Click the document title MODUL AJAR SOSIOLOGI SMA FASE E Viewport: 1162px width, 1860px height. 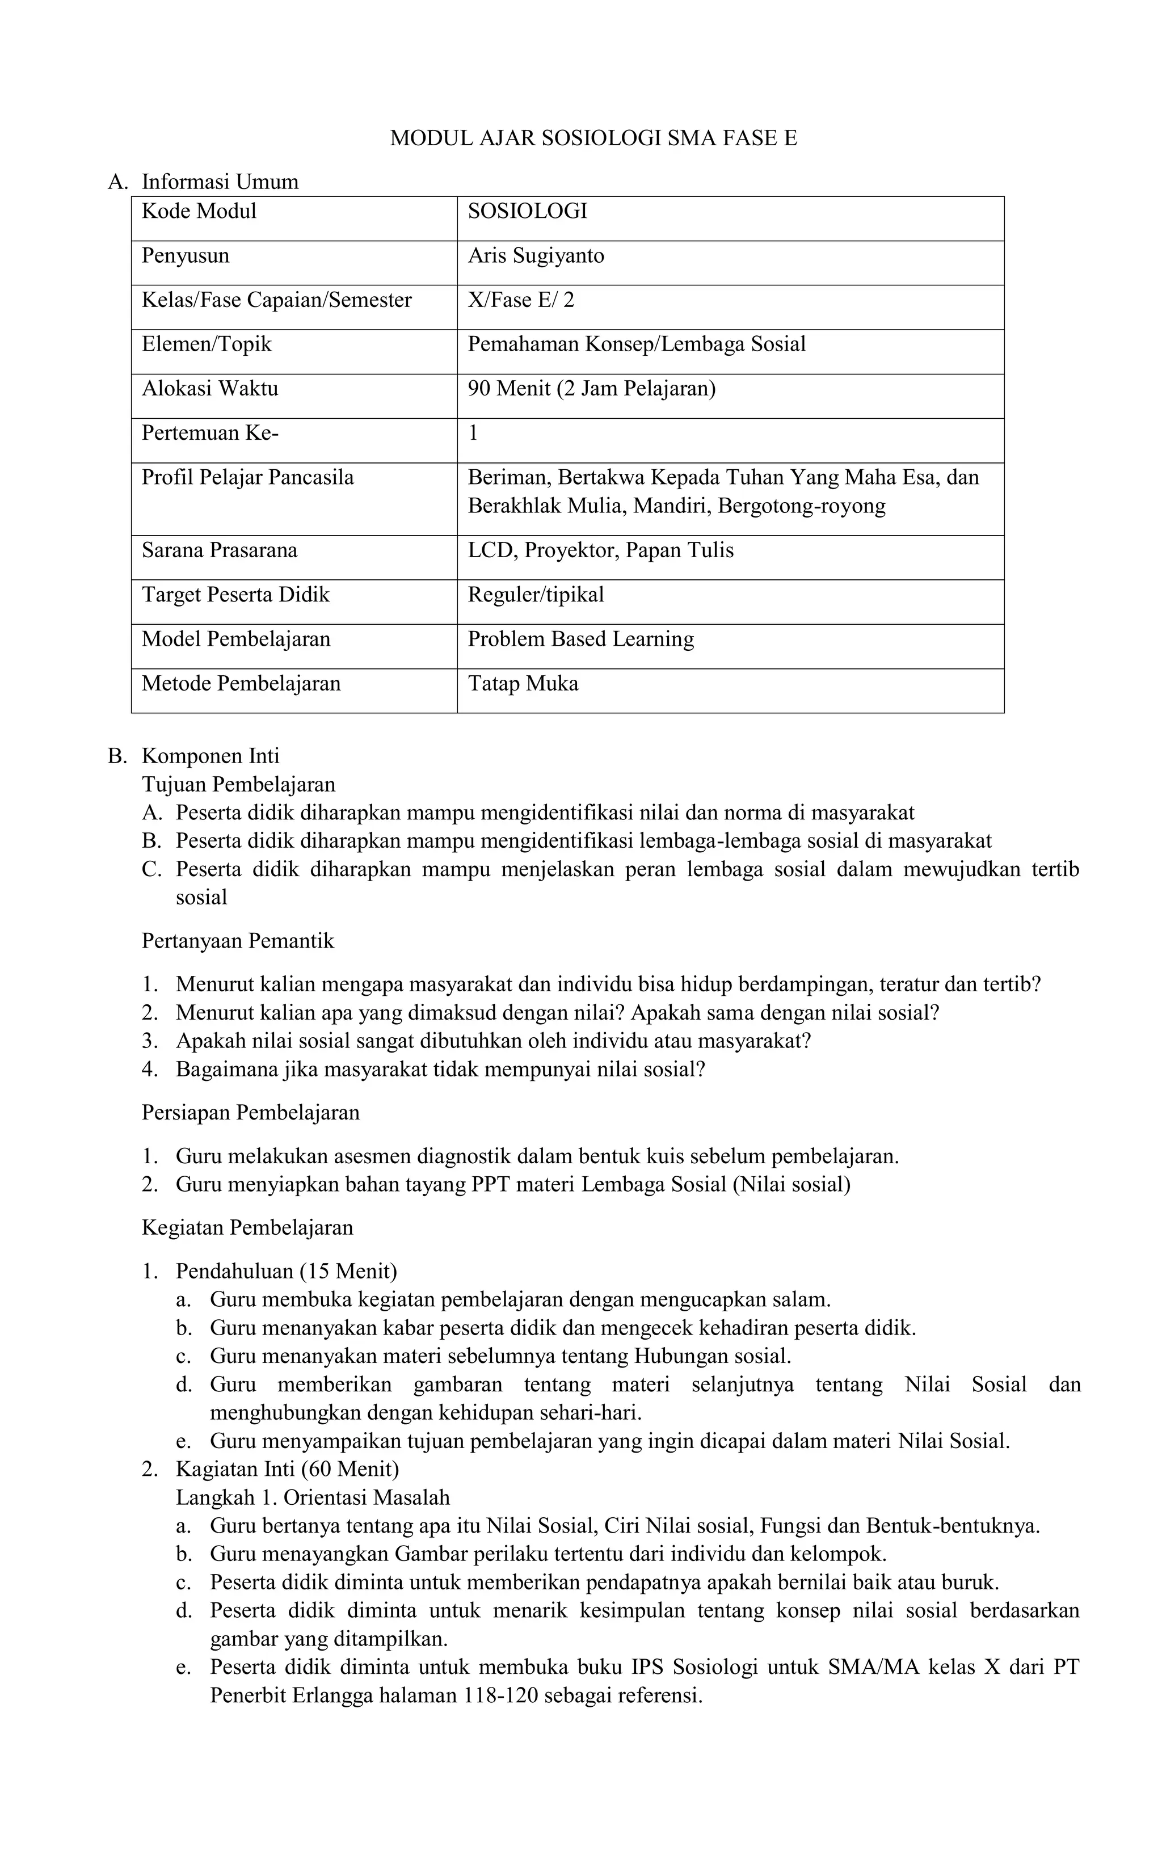pos(593,138)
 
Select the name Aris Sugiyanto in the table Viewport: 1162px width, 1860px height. pos(536,256)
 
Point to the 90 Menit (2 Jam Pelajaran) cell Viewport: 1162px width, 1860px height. pos(591,389)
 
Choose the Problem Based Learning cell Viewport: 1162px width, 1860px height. pos(580,639)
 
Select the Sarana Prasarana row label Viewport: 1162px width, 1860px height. pos(219,551)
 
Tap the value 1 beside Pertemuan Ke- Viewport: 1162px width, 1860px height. pos(473,434)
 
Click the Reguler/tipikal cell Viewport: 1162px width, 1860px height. pos(536,595)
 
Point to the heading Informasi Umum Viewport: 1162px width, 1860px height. pos(220,182)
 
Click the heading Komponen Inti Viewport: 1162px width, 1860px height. pos(210,756)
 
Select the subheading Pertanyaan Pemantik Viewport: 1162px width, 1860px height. pos(238,941)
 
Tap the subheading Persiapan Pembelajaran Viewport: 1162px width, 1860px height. pos(251,1113)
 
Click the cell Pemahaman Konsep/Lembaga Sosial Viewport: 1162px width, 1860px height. pos(637,344)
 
